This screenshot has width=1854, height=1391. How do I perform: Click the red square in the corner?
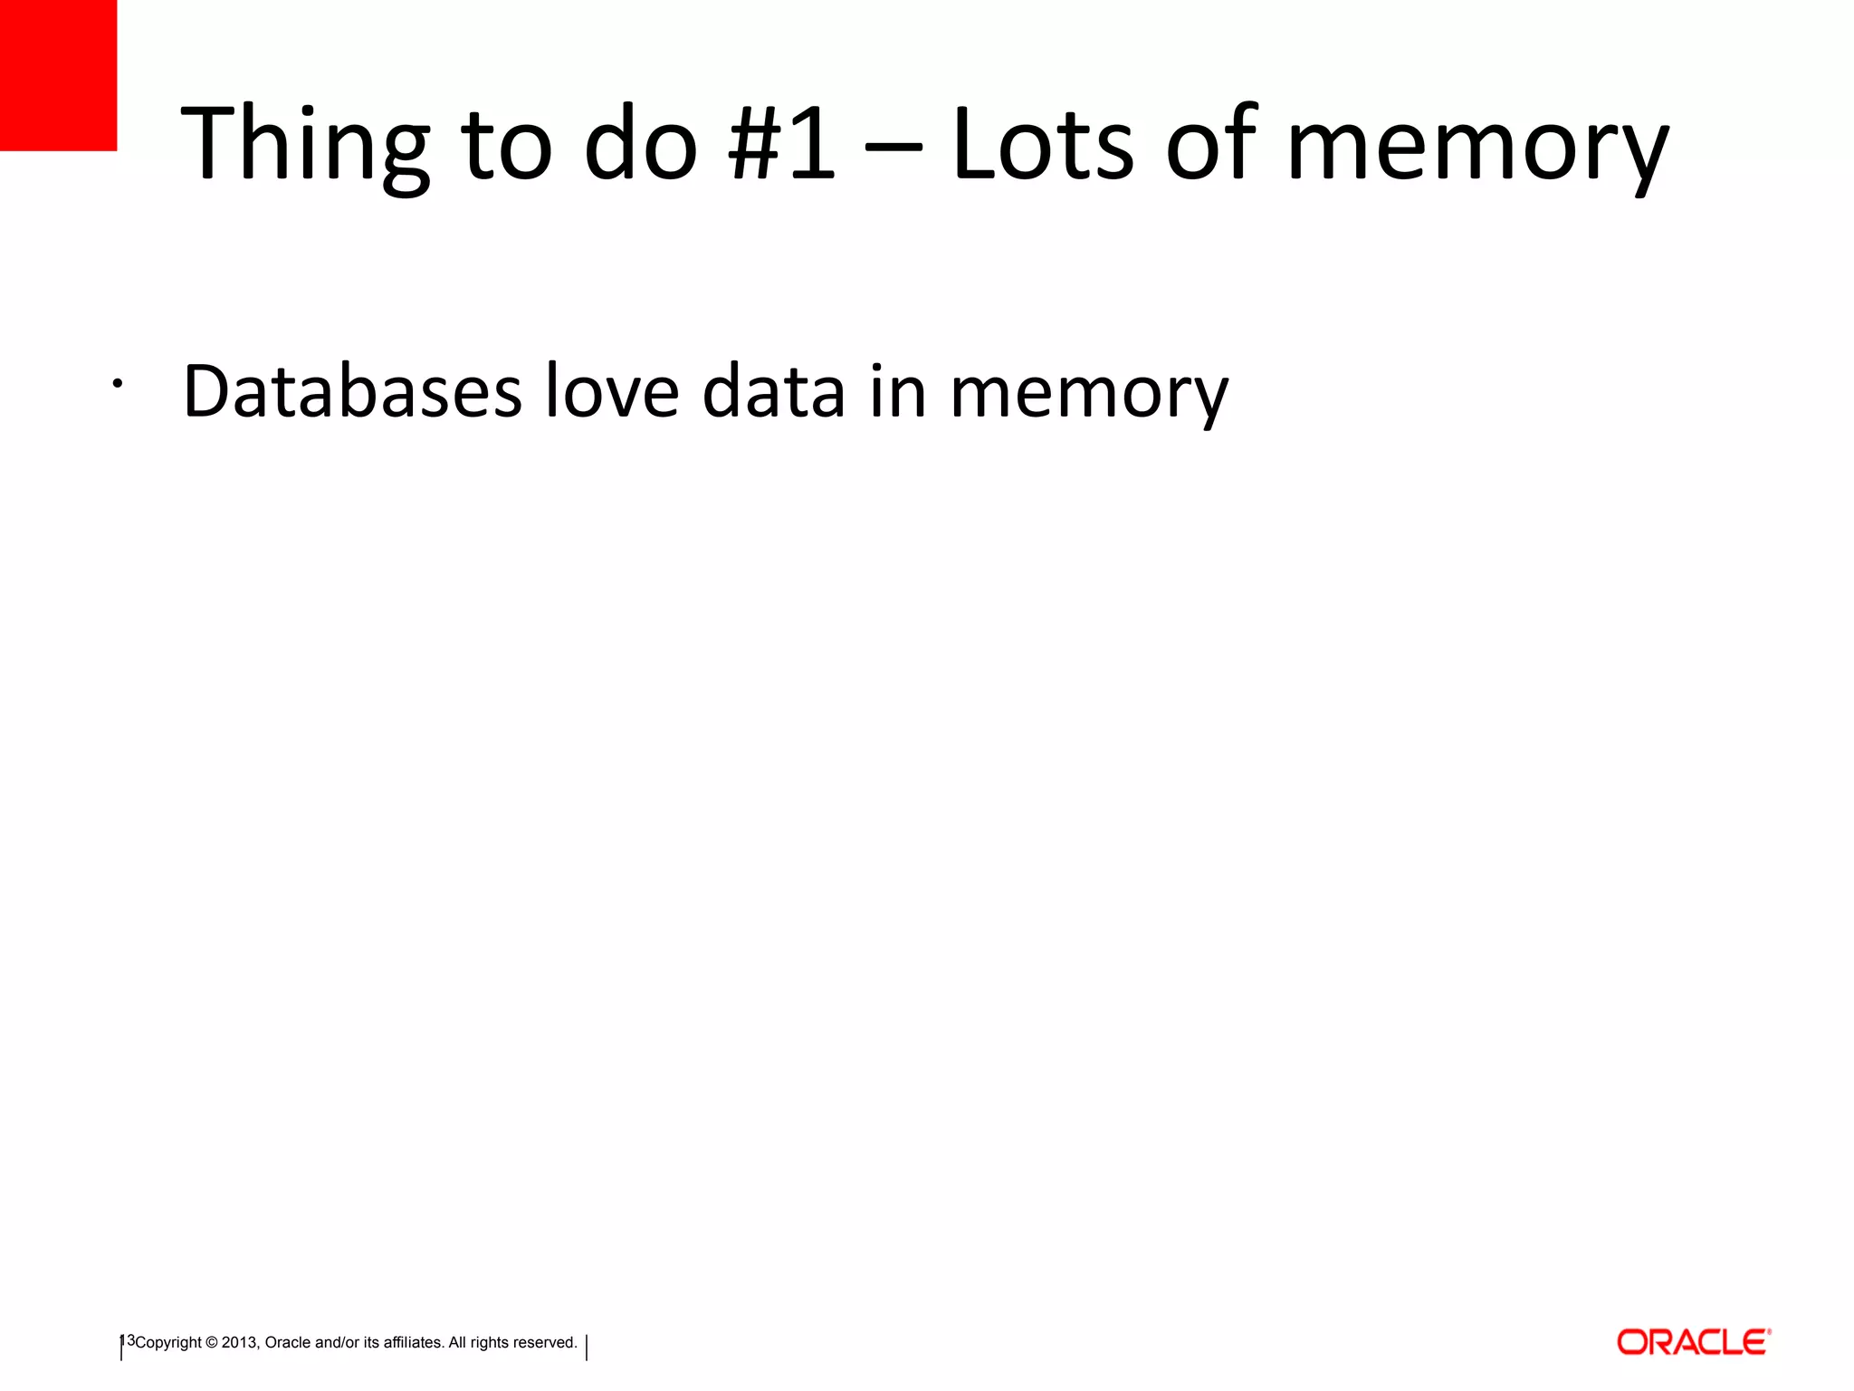point(58,74)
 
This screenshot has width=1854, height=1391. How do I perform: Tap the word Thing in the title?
point(304,145)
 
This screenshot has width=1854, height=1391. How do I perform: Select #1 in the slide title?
point(781,145)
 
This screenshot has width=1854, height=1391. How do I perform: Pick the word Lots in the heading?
point(1042,145)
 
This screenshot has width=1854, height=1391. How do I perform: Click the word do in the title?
point(641,145)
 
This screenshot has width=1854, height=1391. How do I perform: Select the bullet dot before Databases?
point(117,384)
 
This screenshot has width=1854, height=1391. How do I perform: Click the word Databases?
point(352,391)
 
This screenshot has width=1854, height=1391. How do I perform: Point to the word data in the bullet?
point(774,391)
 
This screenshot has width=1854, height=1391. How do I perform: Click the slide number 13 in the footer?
point(127,1340)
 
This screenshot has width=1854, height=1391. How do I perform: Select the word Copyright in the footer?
point(168,1343)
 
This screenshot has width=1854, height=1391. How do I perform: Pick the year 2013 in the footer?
point(240,1343)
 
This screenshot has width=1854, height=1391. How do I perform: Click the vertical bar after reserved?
point(587,1348)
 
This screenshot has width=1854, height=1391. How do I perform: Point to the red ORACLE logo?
point(1693,1342)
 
